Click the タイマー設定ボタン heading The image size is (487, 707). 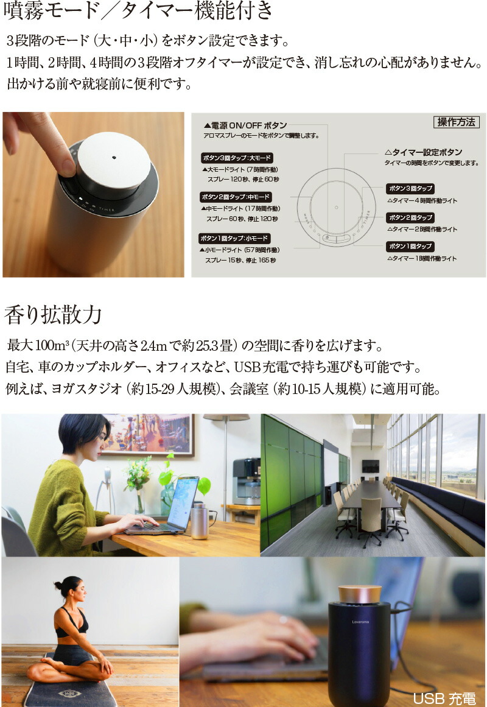[x=423, y=152]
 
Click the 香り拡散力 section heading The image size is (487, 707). [x=53, y=315]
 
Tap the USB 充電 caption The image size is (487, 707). [x=444, y=698]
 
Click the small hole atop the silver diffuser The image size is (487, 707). [x=114, y=157]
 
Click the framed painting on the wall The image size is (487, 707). [x=149, y=434]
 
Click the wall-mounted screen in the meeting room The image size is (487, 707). [x=370, y=466]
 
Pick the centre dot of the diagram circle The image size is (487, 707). [x=337, y=208]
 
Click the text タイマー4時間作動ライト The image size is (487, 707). [x=422, y=201]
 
